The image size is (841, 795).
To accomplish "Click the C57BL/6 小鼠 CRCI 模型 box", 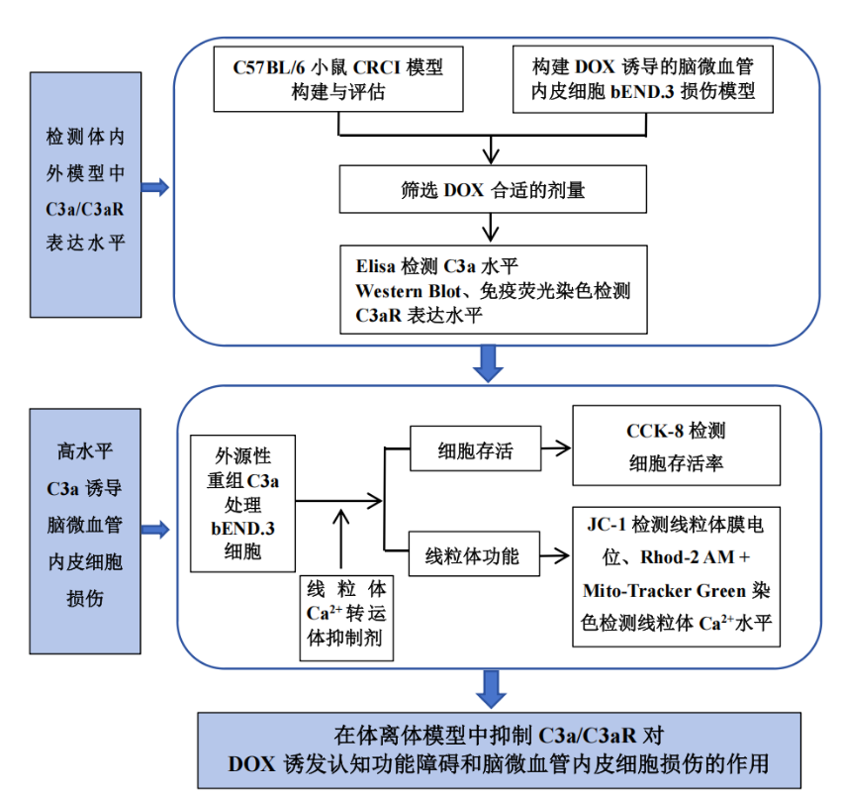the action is click(x=338, y=79).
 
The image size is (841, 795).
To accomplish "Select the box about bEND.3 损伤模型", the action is click(x=642, y=79).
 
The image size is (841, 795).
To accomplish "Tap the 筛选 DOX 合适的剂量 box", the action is click(x=493, y=189).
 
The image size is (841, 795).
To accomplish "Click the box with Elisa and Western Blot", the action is click(x=494, y=290).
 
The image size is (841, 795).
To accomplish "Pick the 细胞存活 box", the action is click(x=475, y=448).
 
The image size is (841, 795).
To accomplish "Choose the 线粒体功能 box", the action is click(x=474, y=554).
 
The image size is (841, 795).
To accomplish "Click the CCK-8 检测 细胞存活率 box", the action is click(x=677, y=446).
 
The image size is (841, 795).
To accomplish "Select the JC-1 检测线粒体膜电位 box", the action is click(x=677, y=576).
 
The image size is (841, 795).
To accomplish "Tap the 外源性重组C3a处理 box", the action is click(x=243, y=504).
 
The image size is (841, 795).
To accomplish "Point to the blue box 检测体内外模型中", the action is click(x=86, y=195).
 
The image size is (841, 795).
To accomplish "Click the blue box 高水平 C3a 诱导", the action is click(x=85, y=531).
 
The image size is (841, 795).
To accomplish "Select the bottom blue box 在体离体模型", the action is click(x=500, y=750).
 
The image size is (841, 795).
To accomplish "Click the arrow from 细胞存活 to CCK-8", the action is click(x=556, y=448).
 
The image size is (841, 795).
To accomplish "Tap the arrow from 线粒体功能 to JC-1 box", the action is click(x=555, y=555).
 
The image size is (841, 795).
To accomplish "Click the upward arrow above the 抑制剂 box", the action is click(x=341, y=539).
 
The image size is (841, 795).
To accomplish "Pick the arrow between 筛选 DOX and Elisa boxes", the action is click(x=491, y=228).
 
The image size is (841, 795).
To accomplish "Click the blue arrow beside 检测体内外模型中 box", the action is click(x=155, y=187).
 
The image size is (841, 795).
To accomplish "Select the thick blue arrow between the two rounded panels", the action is click(x=488, y=364).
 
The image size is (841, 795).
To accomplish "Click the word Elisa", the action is click(x=375, y=266).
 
